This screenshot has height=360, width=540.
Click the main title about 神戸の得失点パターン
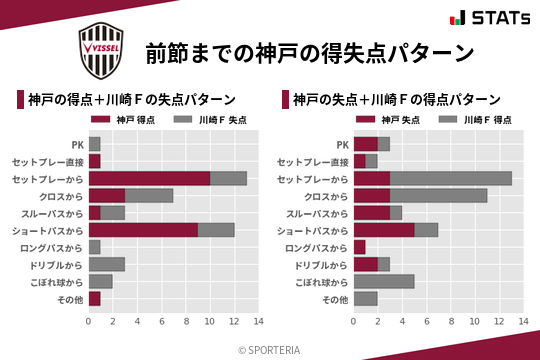pos(308,51)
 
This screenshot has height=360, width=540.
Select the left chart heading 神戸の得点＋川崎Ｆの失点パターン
pos(132,99)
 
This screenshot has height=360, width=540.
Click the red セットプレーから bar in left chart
pos(149,178)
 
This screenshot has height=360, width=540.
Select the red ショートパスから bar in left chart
pos(143,230)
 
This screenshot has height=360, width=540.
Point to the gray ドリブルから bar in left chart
pos(106,264)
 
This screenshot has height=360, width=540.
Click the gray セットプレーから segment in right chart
pos(450,178)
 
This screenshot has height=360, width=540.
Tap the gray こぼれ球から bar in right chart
pos(384,281)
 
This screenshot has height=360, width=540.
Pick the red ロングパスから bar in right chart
pos(360,247)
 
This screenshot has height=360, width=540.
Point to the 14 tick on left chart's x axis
pos(258,323)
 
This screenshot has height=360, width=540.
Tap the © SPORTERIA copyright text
pos(270,349)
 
